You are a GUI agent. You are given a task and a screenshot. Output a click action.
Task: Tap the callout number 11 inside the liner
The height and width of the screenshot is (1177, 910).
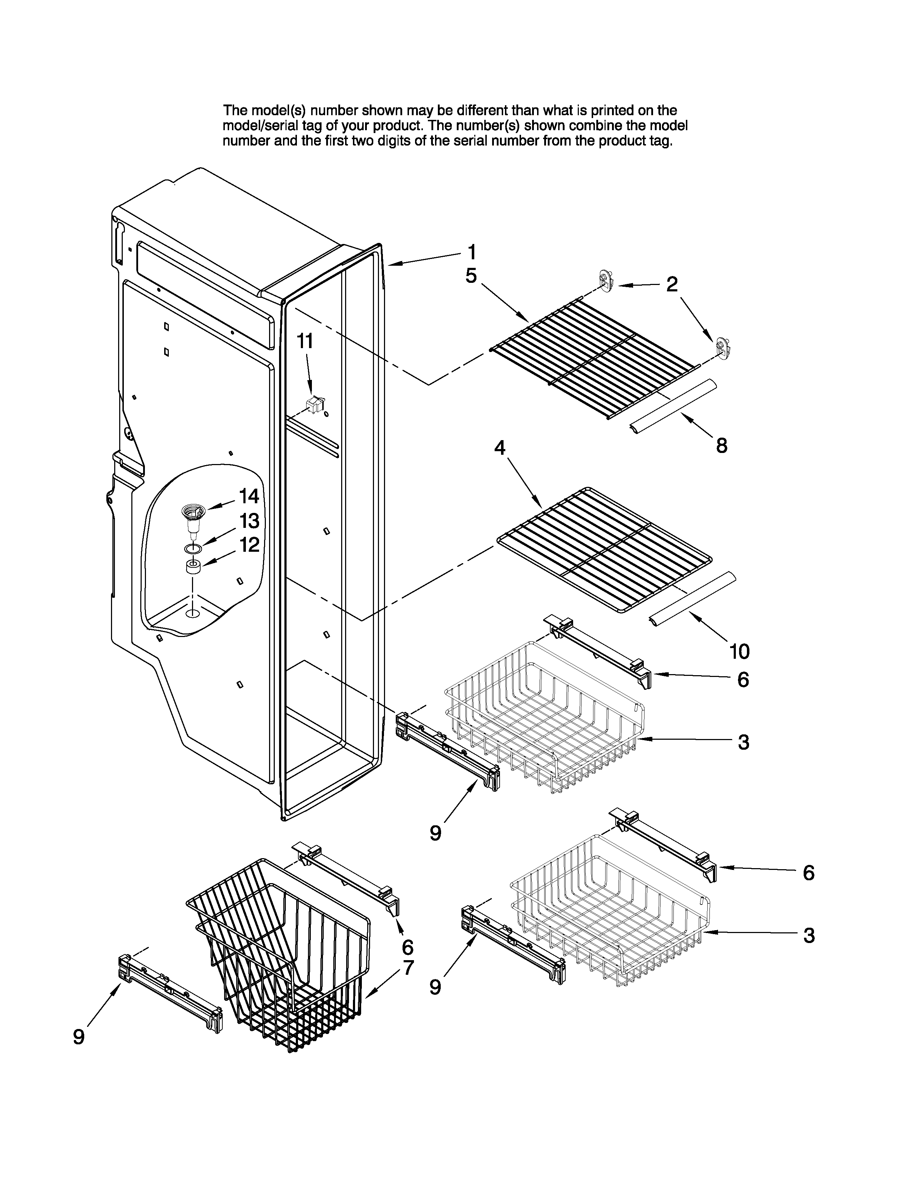click(305, 341)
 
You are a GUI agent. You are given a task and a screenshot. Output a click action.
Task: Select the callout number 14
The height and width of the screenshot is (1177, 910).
click(249, 496)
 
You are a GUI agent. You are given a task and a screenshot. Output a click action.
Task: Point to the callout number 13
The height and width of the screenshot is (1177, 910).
click(249, 521)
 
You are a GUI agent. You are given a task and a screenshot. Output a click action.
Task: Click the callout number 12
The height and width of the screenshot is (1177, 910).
click(249, 545)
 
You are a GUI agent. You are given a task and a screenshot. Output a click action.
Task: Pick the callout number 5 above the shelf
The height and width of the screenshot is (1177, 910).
click(471, 276)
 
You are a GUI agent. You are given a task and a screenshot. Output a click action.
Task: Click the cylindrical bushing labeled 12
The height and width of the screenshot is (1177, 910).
click(193, 567)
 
